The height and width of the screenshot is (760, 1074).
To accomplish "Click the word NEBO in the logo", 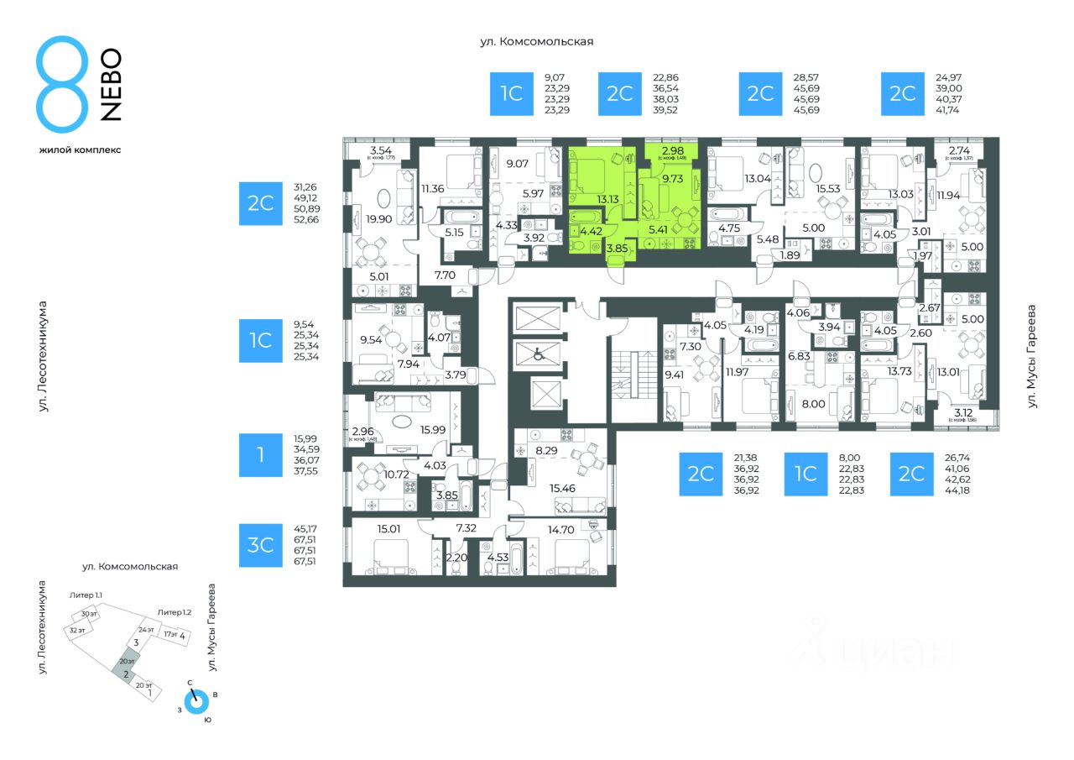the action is tap(111, 85).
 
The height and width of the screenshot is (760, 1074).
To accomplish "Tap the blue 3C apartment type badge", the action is tap(260, 545).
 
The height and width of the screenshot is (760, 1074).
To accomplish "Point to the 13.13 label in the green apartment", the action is tap(607, 199).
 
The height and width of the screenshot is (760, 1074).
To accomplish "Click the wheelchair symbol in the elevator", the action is tap(542, 356).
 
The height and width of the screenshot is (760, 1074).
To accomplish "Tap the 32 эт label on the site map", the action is tap(77, 630).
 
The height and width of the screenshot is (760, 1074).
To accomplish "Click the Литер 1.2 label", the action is tap(174, 612).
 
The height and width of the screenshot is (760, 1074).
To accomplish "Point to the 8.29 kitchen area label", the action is tap(546, 450).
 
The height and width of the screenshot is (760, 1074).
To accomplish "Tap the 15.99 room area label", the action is tap(433, 430).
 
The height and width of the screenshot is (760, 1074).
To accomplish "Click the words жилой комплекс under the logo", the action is tap(80, 149).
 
